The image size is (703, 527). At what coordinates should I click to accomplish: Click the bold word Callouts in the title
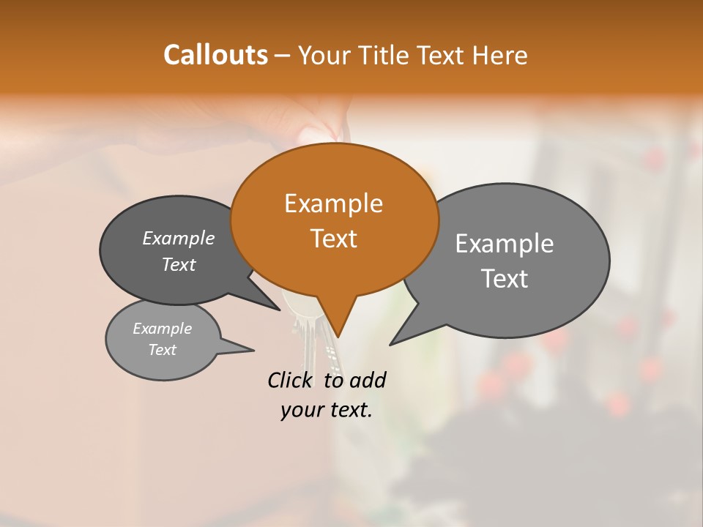click(215, 55)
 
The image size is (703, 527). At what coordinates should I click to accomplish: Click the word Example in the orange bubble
click(333, 203)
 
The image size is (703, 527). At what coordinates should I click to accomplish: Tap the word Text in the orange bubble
click(333, 239)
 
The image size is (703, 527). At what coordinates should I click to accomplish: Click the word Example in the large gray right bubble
click(504, 244)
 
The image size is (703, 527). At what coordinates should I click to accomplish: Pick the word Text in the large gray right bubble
click(504, 279)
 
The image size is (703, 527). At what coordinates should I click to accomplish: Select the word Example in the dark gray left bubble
click(179, 238)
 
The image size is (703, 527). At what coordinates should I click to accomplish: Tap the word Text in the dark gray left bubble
click(179, 264)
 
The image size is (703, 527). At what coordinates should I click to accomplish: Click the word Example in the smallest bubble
click(162, 329)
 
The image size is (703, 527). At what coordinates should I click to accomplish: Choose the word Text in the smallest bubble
click(162, 350)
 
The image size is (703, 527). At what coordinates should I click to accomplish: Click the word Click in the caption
click(291, 380)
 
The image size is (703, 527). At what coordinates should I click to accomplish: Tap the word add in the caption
click(367, 380)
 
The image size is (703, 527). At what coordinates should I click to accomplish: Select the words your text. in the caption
click(326, 410)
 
